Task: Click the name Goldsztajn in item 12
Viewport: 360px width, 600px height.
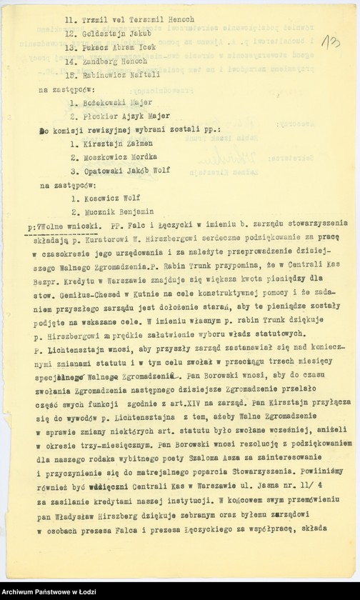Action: tap(104, 34)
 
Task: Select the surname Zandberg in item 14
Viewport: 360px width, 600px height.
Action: tap(101, 61)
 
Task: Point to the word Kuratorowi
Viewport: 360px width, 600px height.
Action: tap(105, 240)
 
